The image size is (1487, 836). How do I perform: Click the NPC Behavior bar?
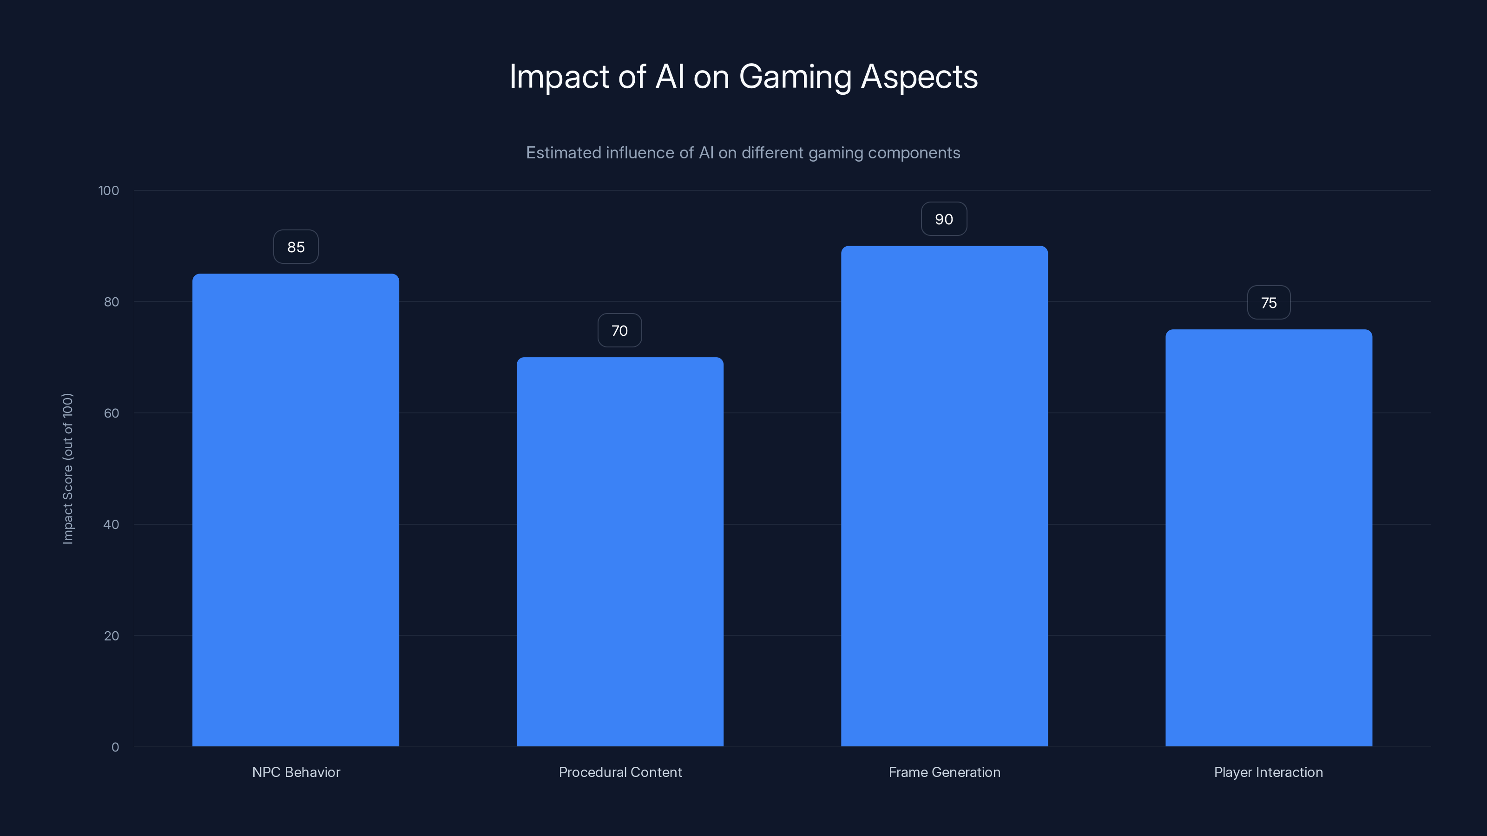296,510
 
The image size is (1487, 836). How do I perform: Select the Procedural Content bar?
620,552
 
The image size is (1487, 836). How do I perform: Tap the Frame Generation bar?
944,496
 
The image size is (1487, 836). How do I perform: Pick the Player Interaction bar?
1269,538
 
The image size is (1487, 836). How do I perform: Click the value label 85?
296,247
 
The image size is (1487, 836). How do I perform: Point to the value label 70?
619,331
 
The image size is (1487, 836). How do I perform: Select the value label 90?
944,219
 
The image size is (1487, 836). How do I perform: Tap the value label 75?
1269,303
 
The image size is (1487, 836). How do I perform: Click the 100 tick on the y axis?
109,190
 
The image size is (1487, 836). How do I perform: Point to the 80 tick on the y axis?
112,302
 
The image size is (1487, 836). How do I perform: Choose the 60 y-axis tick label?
112,413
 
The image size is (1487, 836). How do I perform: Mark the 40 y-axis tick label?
112,524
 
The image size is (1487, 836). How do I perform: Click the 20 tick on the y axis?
112,636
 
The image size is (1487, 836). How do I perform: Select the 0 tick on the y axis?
115,747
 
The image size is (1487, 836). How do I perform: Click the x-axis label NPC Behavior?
296,772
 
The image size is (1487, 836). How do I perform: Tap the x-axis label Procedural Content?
620,772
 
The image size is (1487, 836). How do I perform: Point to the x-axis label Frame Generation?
944,772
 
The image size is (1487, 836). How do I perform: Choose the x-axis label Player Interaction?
1268,772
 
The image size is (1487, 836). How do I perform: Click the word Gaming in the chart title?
795,77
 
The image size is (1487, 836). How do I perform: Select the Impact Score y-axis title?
67,469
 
